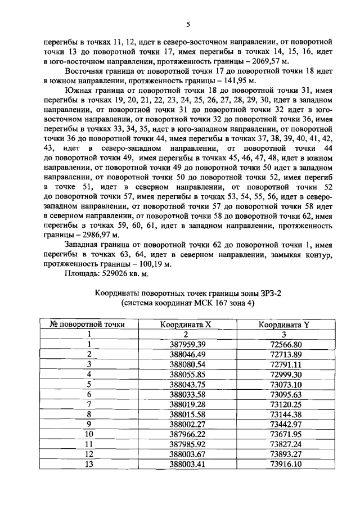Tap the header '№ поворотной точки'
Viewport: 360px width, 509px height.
pyautogui.click(x=88, y=325)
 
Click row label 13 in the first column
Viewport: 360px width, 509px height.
pyautogui.click(x=88, y=464)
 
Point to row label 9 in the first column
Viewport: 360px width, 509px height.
pyautogui.click(x=88, y=424)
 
